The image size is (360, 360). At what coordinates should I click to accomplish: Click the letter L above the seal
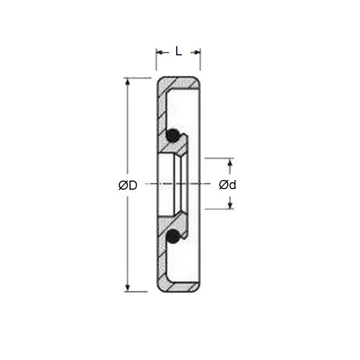click(x=178, y=52)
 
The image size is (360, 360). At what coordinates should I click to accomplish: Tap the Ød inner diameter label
click(x=228, y=185)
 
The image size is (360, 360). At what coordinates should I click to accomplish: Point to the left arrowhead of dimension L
click(x=159, y=52)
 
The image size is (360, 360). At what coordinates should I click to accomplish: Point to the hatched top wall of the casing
click(x=180, y=84)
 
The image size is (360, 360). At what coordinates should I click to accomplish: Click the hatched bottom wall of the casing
click(x=180, y=286)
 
